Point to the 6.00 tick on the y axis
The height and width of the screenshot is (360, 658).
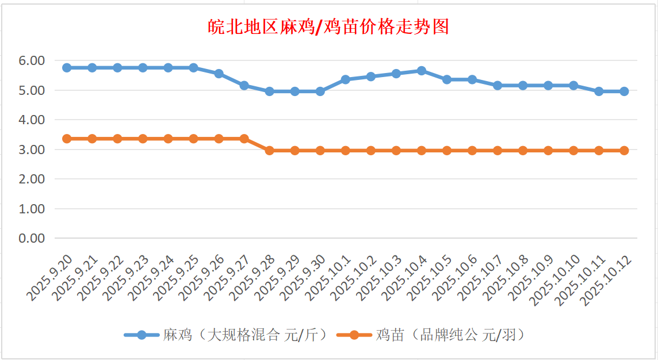coord(32,60)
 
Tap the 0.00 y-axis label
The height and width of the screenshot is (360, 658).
coord(32,238)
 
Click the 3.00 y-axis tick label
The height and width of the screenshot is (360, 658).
coord(32,150)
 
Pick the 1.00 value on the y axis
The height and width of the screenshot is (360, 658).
coord(32,209)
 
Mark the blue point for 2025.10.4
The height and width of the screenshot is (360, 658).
coord(421,71)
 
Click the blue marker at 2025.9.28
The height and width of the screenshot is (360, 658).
coord(269,91)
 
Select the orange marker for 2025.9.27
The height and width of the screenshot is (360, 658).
coord(244,139)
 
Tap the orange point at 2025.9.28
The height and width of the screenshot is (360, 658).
coord(269,151)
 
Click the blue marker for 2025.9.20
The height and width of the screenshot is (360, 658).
coord(67,68)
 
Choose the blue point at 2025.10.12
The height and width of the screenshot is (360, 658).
coord(624,91)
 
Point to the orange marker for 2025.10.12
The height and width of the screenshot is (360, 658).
coord(624,151)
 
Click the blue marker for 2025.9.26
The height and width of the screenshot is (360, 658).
coord(219,74)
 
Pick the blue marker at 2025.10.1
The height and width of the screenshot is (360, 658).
coord(345,79)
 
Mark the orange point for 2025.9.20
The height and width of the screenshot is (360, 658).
coord(67,139)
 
